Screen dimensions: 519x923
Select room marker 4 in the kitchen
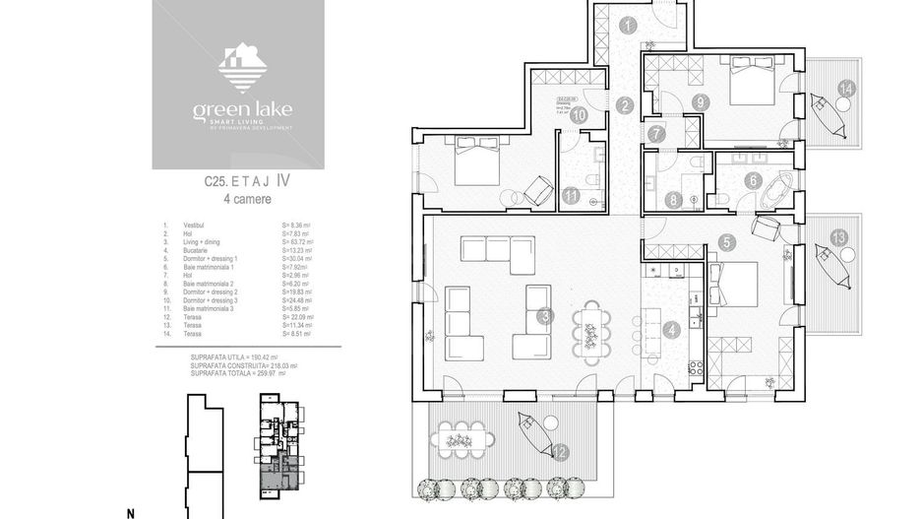coord(671,331)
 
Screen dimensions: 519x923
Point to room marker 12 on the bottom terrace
coord(559,452)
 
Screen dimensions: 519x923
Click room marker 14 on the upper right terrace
coord(846,89)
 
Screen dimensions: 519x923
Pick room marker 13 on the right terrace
coord(837,237)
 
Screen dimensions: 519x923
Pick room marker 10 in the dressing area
coord(580,115)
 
